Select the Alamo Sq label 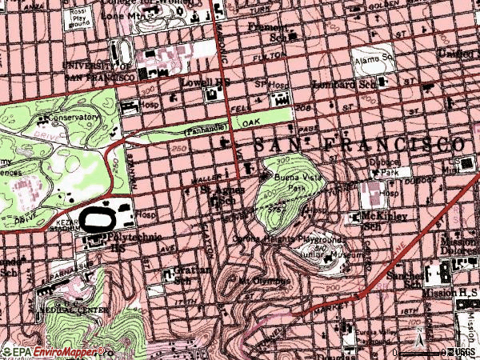click(374, 58)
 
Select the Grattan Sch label click(186, 274)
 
